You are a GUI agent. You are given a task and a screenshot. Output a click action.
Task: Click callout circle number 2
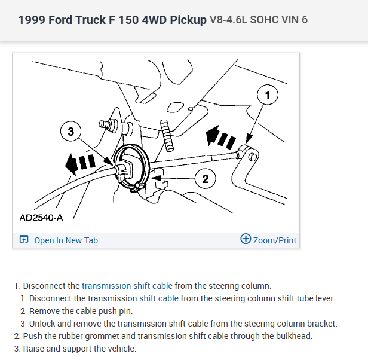click(206, 178)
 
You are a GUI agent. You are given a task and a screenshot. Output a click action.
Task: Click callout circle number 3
click(71, 132)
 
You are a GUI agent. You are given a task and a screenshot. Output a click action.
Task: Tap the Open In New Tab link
click(66, 240)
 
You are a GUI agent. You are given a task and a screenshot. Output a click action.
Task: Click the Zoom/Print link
click(274, 240)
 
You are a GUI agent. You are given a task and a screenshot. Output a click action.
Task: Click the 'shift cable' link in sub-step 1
click(159, 298)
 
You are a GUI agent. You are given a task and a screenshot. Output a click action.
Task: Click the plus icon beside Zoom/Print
click(245, 239)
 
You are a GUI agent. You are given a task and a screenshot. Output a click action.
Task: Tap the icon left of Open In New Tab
click(24, 240)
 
